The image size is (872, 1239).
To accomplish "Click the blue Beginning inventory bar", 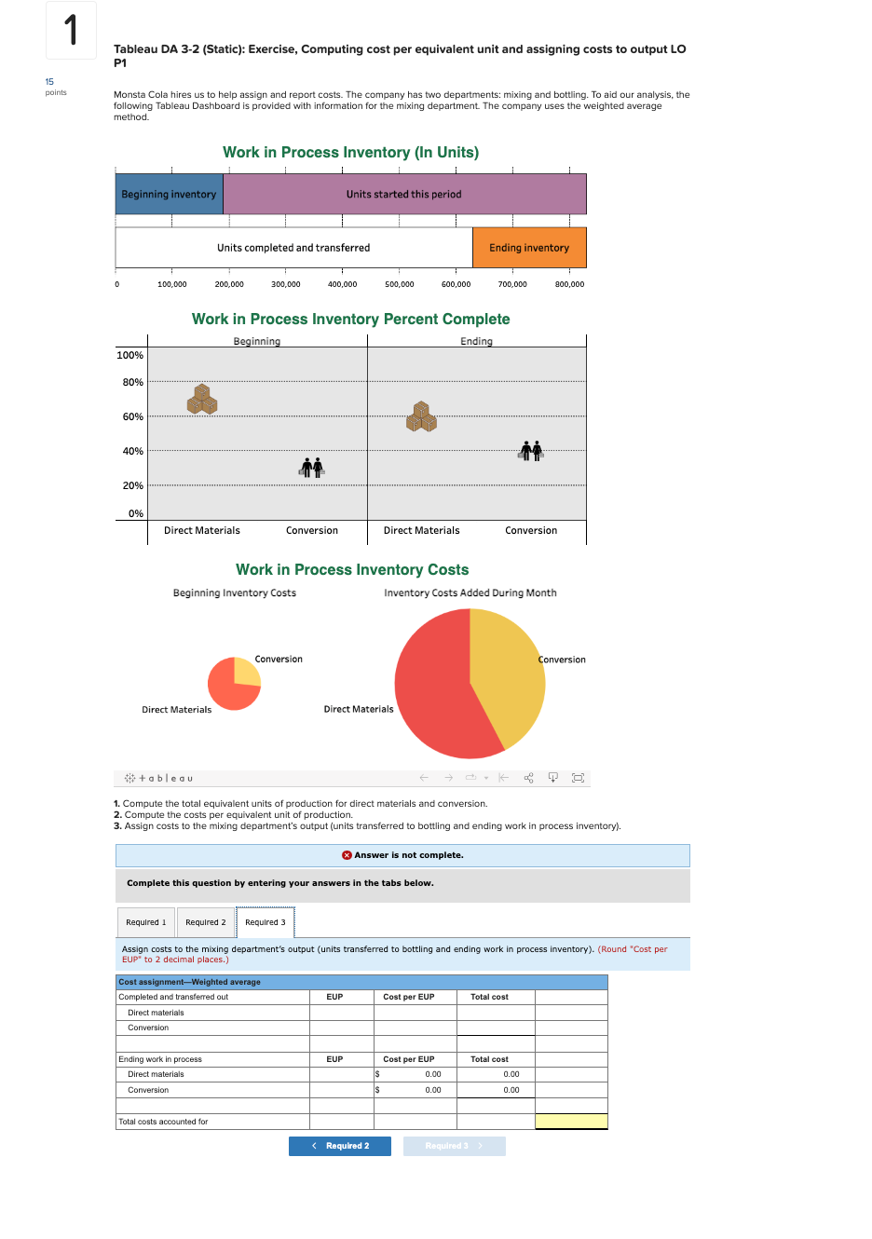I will [x=169, y=195].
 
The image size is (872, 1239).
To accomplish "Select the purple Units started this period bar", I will [x=404, y=195].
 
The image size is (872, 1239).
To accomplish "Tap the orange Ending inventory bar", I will [x=529, y=248].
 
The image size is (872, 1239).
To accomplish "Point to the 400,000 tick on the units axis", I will [x=342, y=284].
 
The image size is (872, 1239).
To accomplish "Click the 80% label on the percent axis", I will [x=133, y=382].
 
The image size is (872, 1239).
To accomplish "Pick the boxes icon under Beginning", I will [x=202, y=400].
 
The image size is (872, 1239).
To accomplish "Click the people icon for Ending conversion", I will [x=531, y=451].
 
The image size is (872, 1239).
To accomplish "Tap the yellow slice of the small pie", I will [x=248, y=671].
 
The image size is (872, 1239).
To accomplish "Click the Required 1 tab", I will [x=146, y=922].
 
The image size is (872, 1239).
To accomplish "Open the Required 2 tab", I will [x=205, y=922].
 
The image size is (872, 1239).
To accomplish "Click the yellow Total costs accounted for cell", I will [x=571, y=1122].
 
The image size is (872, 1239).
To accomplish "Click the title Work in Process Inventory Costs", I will [x=352, y=569].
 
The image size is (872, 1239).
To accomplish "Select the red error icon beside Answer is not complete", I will [x=347, y=855].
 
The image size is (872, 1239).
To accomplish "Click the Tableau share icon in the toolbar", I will [x=529, y=778].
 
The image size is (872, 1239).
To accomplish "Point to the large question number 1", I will [x=71, y=30].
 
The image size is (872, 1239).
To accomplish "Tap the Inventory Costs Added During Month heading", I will [x=470, y=592].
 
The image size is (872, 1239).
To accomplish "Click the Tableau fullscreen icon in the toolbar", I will [x=578, y=778].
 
